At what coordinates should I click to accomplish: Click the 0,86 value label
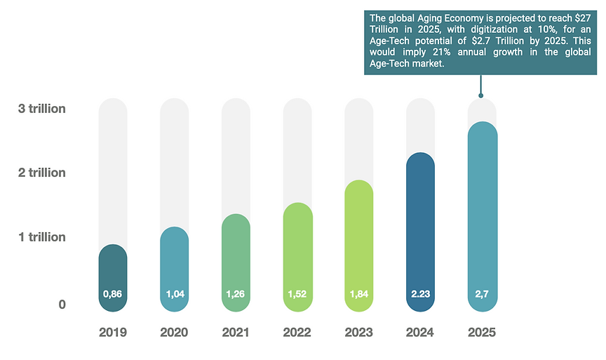[x=112, y=294]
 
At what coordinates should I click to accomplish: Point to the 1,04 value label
[x=174, y=294]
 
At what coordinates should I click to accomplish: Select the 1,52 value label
[x=297, y=294]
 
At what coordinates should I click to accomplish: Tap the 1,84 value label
[x=358, y=294]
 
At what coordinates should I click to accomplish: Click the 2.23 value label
[x=420, y=294]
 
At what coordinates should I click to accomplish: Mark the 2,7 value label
[x=482, y=294]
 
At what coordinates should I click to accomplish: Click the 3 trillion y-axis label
[x=42, y=109]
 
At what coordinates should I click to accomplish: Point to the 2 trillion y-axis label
[x=42, y=173]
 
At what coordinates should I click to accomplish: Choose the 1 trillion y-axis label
[x=42, y=237]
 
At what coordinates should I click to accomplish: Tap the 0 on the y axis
[x=62, y=305]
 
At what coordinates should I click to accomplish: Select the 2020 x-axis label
[x=174, y=332]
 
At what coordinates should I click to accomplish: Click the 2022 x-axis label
[x=297, y=332]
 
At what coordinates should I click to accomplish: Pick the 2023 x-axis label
[x=358, y=332]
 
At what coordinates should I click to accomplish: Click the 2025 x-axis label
[x=482, y=332]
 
